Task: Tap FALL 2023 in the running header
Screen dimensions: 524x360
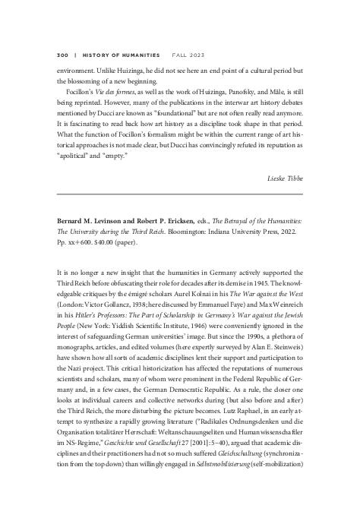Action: pyautogui.click(x=185, y=55)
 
